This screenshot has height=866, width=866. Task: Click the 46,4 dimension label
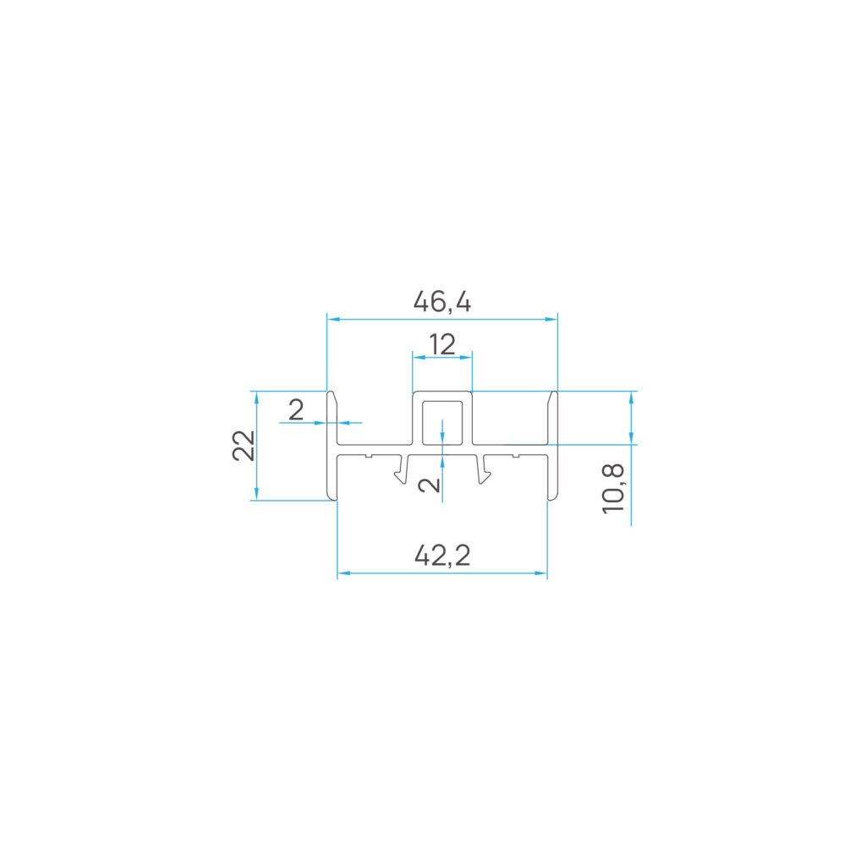click(441, 302)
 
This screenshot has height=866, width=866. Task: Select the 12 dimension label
click(442, 345)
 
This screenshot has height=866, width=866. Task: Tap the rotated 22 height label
click(244, 445)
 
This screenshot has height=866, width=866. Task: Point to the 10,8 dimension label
click(613, 489)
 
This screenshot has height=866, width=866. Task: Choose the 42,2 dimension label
click(442, 555)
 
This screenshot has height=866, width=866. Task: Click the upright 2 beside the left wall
click(296, 410)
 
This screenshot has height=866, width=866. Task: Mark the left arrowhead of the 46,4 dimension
click(333, 319)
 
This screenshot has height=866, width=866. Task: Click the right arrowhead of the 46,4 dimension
click(551, 319)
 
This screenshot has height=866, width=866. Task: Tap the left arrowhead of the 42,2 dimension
click(343, 573)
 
